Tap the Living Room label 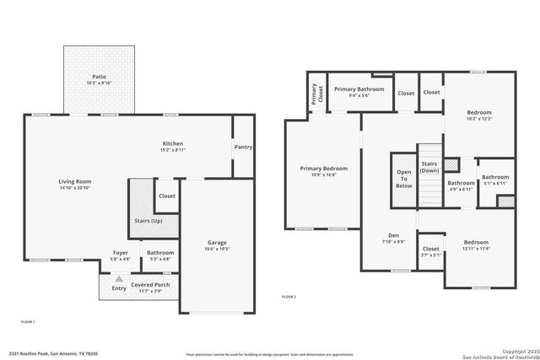pos(74,181)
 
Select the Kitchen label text pos(172,143)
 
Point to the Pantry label pos(243,148)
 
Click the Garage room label pos(217,243)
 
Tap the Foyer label pos(121,251)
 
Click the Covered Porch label pos(150,284)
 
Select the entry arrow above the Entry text pos(119,278)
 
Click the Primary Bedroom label pos(323,169)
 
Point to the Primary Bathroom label pos(359,89)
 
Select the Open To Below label pos(404,178)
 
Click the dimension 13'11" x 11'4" pos(475,250)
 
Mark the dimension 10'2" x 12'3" pos(478,119)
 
